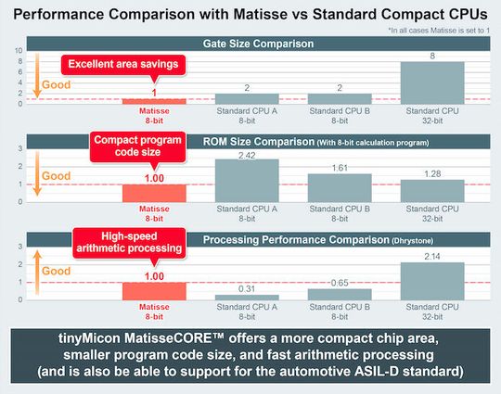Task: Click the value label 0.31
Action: tap(247, 288)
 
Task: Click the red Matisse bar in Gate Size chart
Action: tap(154, 101)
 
